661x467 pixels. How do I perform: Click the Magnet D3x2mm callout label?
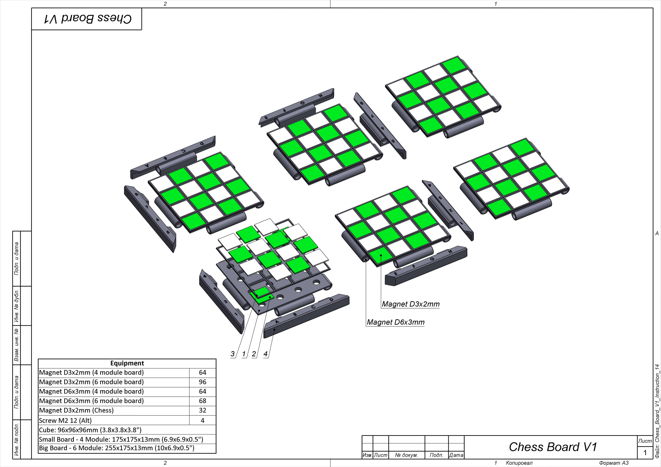[x=411, y=304]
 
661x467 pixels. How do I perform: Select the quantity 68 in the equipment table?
[x=202, y=401]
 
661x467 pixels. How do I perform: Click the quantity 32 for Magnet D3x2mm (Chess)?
[x=202, y=410]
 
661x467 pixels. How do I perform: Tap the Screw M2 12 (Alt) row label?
[x=65, y=420]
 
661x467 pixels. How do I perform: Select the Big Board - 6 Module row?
[x=117, y=448]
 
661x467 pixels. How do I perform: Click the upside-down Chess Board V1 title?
[x=88, y=19]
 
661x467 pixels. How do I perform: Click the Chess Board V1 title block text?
[x=553, y=447]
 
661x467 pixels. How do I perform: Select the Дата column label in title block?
[x=456, y=455]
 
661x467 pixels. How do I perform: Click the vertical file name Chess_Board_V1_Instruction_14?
[x=657, y=411]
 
